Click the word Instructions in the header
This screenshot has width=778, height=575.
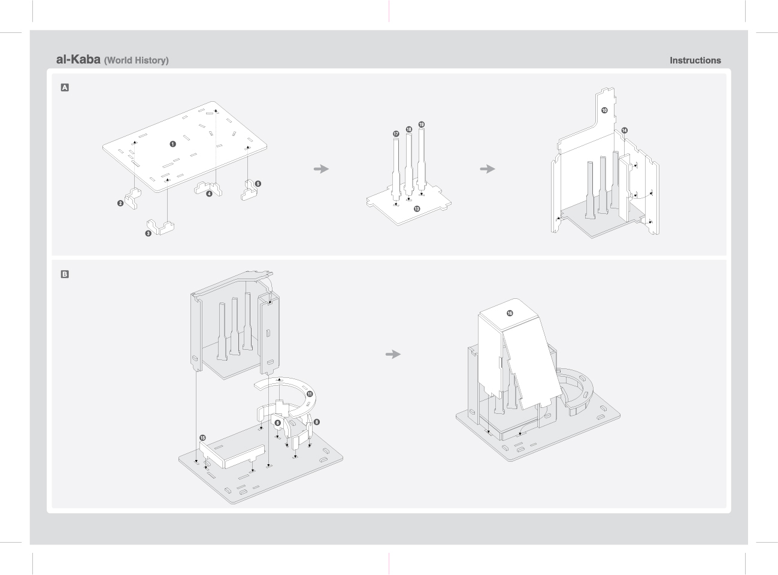point(695,60)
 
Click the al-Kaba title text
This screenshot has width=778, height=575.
point(78,60)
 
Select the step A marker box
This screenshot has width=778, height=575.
point(65,87)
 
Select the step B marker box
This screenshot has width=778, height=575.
point(65,274)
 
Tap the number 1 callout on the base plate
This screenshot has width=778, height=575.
point(172,144)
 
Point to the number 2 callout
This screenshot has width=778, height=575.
point(120,204)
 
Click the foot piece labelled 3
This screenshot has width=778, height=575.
point(163,227)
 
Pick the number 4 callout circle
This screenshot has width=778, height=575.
point(209,193)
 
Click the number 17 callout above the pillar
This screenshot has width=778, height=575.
point(396,134)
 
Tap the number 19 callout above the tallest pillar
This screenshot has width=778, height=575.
point(422,125)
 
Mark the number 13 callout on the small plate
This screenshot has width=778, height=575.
point(417,209)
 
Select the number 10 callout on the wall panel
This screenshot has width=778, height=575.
point(604,110)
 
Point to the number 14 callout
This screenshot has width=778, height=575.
point(625,131)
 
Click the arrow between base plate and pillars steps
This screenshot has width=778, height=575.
point(322,169)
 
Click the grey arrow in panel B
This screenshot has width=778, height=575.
point(393,355)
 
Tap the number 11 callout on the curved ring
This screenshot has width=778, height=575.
point(310,394)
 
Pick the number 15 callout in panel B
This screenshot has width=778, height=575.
point(202,438)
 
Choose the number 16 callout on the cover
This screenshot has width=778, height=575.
point(510,313)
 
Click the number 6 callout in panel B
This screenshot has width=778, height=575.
point(277,423)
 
